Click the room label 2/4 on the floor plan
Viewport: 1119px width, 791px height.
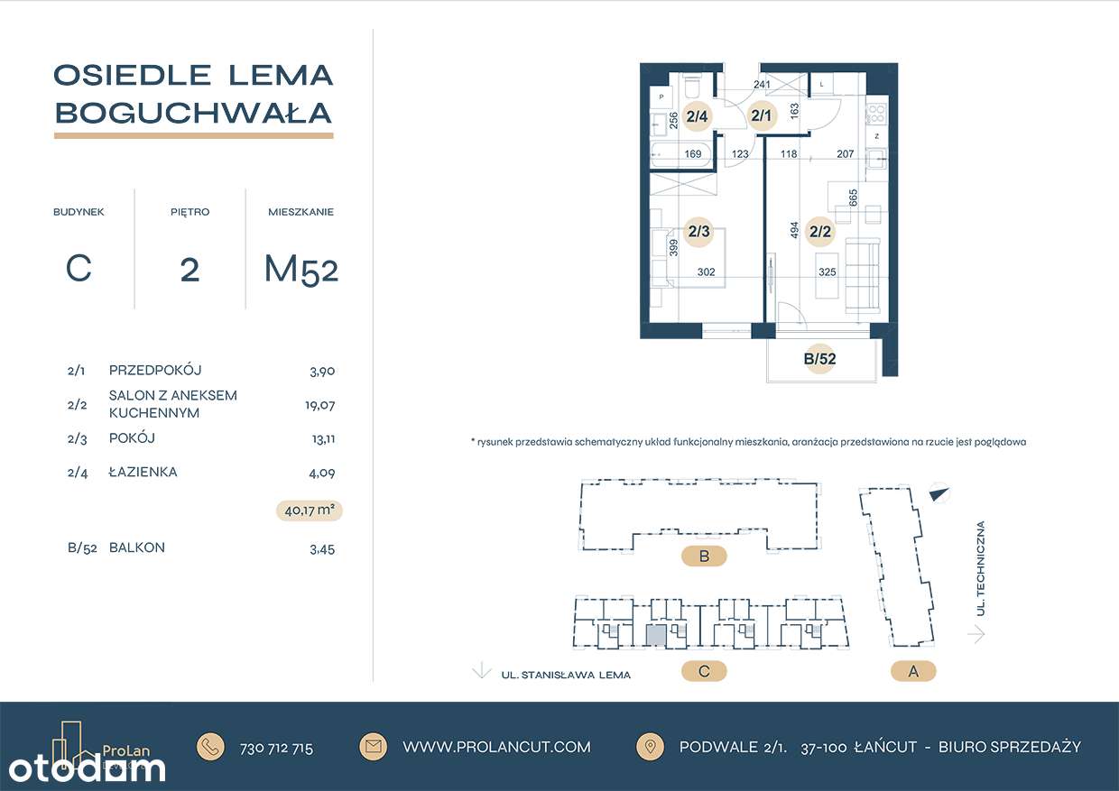(x=698, y=115)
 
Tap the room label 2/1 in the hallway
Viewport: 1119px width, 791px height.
(x=762, y=115)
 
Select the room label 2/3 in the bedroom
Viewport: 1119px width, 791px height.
(x=699, y=231)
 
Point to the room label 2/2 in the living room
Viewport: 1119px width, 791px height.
(x=820, y=231)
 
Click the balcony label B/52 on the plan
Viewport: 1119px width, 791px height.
(x=819, y=359)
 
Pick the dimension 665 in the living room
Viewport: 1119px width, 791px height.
(x=853, y=197)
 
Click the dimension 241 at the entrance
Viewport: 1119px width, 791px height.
(x=762, y=86)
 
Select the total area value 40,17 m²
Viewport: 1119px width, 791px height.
(x=310, y=510)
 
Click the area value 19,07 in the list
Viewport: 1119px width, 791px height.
(x=319, y=405)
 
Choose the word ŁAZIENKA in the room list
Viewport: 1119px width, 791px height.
(x=143, y=472)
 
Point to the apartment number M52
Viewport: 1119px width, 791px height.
(x=301, y=269)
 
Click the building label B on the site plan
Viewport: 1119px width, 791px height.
(x=704, y=556)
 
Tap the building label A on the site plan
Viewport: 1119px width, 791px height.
(x=912, y=671)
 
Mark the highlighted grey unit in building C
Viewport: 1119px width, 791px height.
(x=655, y=635)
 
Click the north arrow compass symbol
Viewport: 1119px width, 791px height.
(x=939, y=493)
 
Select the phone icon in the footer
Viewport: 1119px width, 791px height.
(x=211, y=747)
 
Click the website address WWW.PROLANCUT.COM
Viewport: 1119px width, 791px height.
(x=496, y=747)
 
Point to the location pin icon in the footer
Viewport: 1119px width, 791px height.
(x=649, y=747)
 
